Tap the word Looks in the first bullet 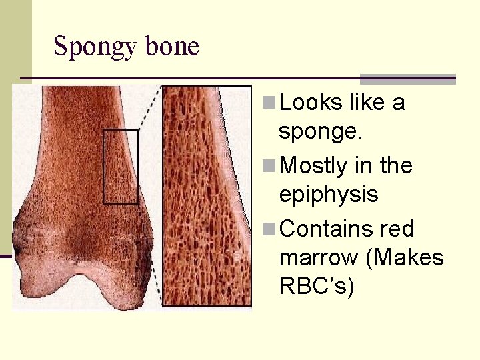point(309,103)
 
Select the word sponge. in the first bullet point(321,131)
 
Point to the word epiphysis point(329,195)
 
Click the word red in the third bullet point(399,229)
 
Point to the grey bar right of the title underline point(407,79)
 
